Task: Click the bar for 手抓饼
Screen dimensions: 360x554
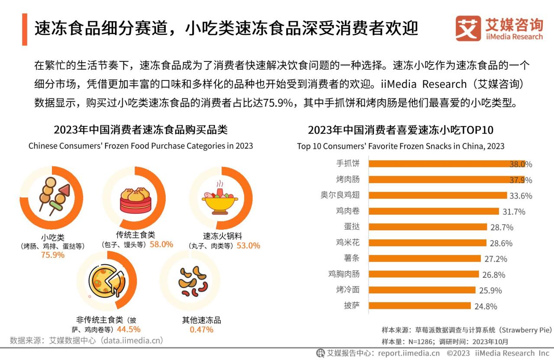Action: [x=446, y=164]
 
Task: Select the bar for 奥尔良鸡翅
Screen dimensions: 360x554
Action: [x=437, y=196]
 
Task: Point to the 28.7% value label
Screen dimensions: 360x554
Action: [x=502, y=227]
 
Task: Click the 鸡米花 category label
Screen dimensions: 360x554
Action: [x=348, y=242]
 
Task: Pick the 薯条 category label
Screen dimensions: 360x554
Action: [x=351, y=258]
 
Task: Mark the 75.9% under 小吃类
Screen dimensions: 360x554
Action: [x=53, y=255]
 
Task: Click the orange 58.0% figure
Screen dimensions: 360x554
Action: [x=161, y=244]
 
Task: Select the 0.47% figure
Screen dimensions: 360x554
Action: [x=201, y=330]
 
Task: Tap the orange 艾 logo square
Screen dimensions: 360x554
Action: [x=468, y=29]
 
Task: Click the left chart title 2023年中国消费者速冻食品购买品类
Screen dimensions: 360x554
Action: [x=141, y=130]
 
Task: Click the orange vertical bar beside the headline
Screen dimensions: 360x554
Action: [x=25, y=29]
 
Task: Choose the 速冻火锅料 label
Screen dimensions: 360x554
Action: [x=222, y=236]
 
